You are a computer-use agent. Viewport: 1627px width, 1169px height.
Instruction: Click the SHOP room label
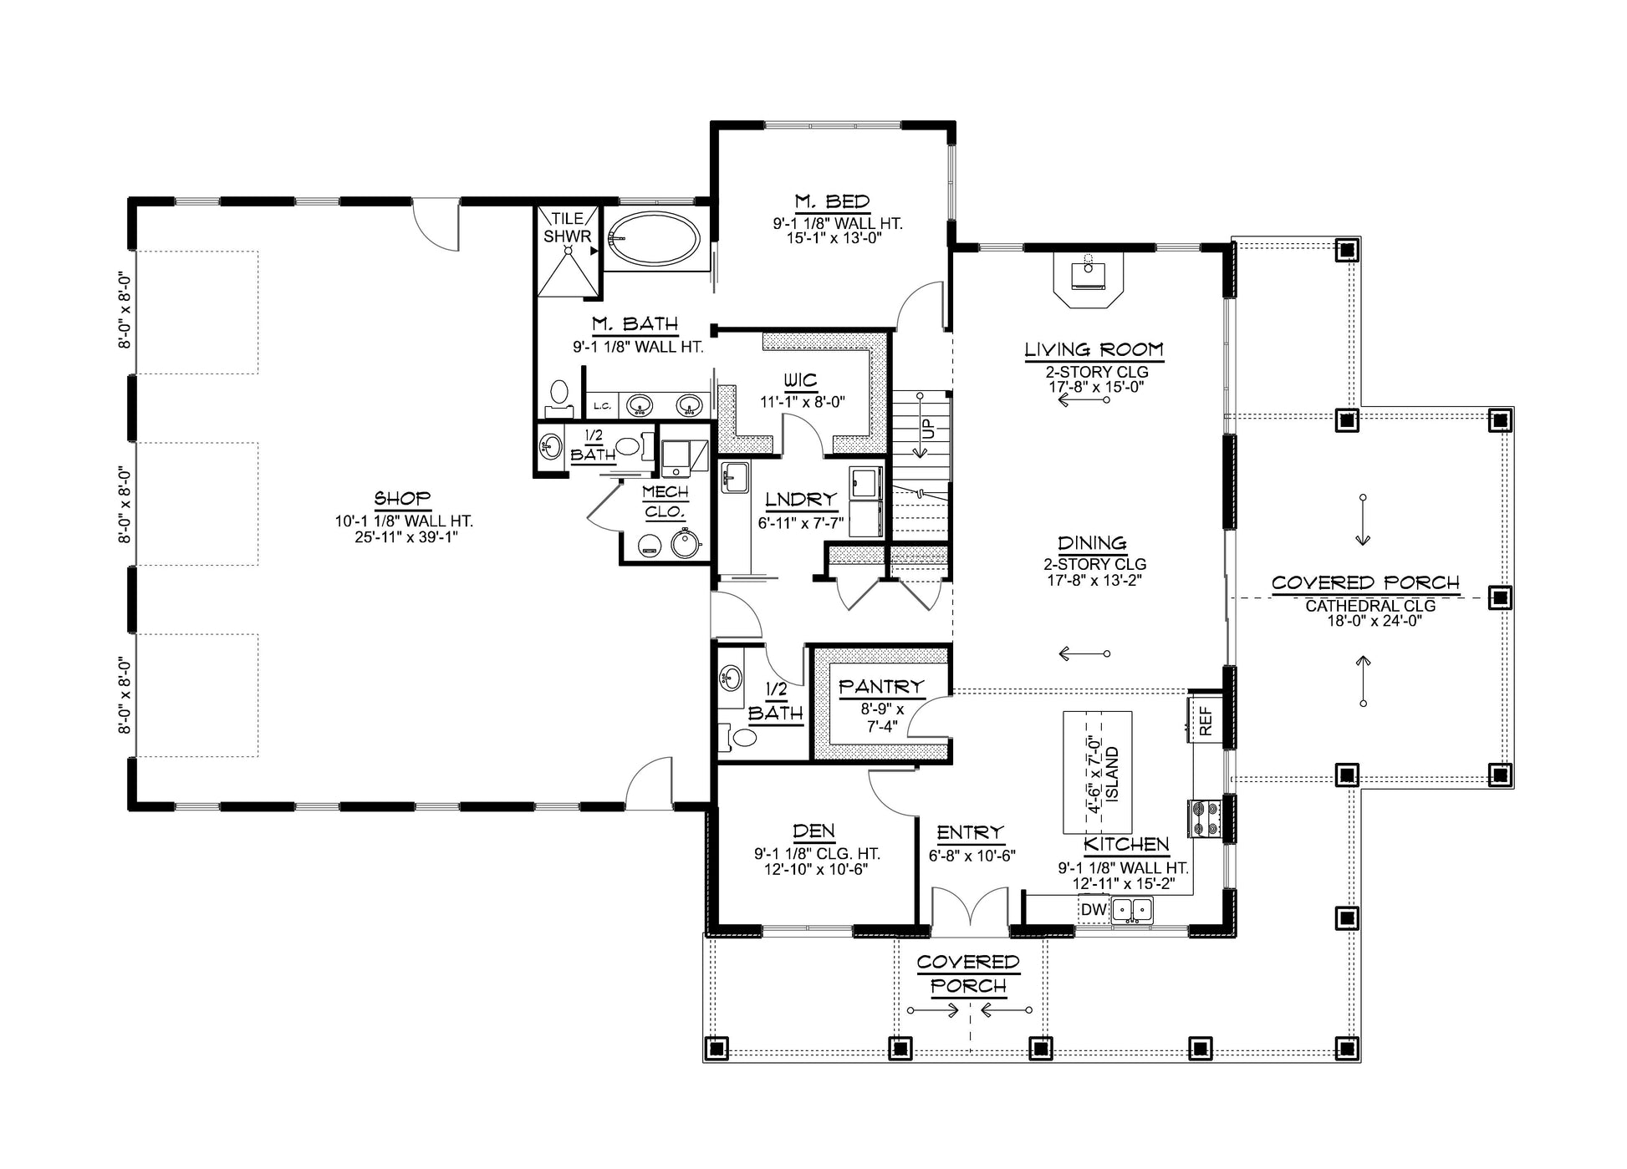[x=402, y=499]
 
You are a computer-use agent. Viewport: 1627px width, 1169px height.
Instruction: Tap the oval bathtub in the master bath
[x=654, y=240]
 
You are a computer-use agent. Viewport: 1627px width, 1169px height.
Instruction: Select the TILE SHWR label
[x=568, y=227]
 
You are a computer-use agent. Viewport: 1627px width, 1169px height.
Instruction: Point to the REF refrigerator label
[x=1206, y=721]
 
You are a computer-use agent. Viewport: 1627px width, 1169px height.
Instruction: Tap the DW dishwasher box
[x=1094, y=910]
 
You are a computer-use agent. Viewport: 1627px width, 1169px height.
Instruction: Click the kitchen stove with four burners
[x=1206, y=819]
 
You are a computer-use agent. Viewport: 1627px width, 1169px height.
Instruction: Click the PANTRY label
[x=881, y=686]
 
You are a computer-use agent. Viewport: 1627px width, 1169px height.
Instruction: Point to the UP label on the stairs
[x=928, y=429]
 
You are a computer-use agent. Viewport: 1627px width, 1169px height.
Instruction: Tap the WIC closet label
[x=800, y=381]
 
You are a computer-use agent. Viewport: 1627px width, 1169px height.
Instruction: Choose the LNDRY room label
[x=801, y=499]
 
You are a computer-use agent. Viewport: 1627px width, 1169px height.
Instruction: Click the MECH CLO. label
[x=666, y=501]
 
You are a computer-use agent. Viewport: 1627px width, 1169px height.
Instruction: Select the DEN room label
[x=813, y=831]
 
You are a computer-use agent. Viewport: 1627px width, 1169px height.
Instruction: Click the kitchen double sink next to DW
[x=1131, y=910]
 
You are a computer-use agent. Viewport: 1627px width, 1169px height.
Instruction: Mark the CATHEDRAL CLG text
[x=1370, y=605]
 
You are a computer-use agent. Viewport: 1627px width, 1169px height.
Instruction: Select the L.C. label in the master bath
[x=602, y=407]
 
